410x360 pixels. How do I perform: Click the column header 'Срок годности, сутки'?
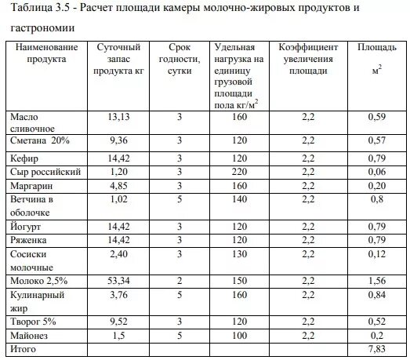180,59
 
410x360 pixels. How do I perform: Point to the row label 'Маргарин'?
32,186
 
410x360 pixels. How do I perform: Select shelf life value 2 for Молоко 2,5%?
180,280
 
